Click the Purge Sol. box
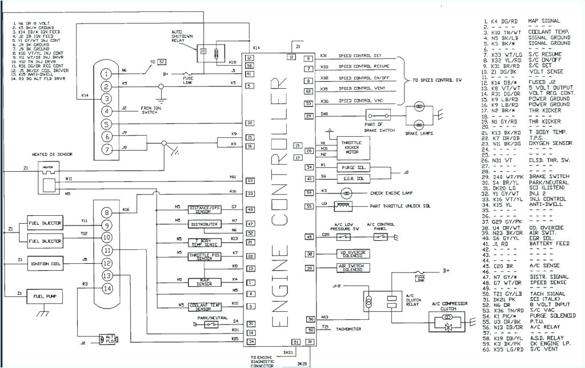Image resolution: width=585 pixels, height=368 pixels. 355,167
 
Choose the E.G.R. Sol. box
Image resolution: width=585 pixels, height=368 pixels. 355,179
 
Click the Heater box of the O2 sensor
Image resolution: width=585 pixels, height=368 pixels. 47,167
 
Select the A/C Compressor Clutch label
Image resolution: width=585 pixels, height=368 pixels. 450,306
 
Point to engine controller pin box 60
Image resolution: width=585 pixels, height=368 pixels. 308,92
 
